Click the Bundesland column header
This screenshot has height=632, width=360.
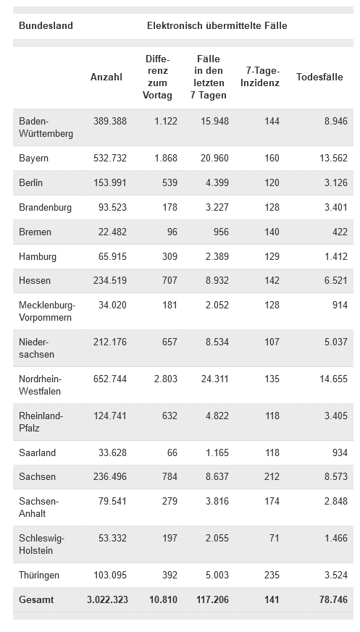(x=46, y=26)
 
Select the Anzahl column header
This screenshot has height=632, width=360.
(x=106, y=77)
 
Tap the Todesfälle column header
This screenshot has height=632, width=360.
(x=319, y=77)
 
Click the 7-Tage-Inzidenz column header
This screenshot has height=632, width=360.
(x=260, y=77)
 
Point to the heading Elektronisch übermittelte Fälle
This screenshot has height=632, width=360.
(x=217, y=26)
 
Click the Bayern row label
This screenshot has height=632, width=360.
(x=33, y=159)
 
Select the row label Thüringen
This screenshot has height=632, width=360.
(x=39, y=575)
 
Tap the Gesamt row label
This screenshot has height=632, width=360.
(x=36, y=599)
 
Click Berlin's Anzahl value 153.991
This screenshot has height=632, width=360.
(x=110, y=182)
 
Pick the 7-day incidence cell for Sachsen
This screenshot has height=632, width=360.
(x=272, y=477)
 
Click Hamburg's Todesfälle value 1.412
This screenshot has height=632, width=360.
(x=336, y=256)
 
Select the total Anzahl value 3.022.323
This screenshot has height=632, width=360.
(x=108, y=599)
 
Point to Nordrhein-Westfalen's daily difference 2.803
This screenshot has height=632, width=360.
(x=166, y=379)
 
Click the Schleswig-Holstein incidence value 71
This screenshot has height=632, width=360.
(x=275, y=538)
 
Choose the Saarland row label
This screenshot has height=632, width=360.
(x=37, y=452)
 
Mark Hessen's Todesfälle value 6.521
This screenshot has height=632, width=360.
(x=336, y=281)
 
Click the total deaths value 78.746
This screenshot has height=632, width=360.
(x=333, y=599)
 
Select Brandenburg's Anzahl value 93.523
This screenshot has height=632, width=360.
(x=112, y=208)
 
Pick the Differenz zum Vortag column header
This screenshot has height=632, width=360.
(x=158, y=77)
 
